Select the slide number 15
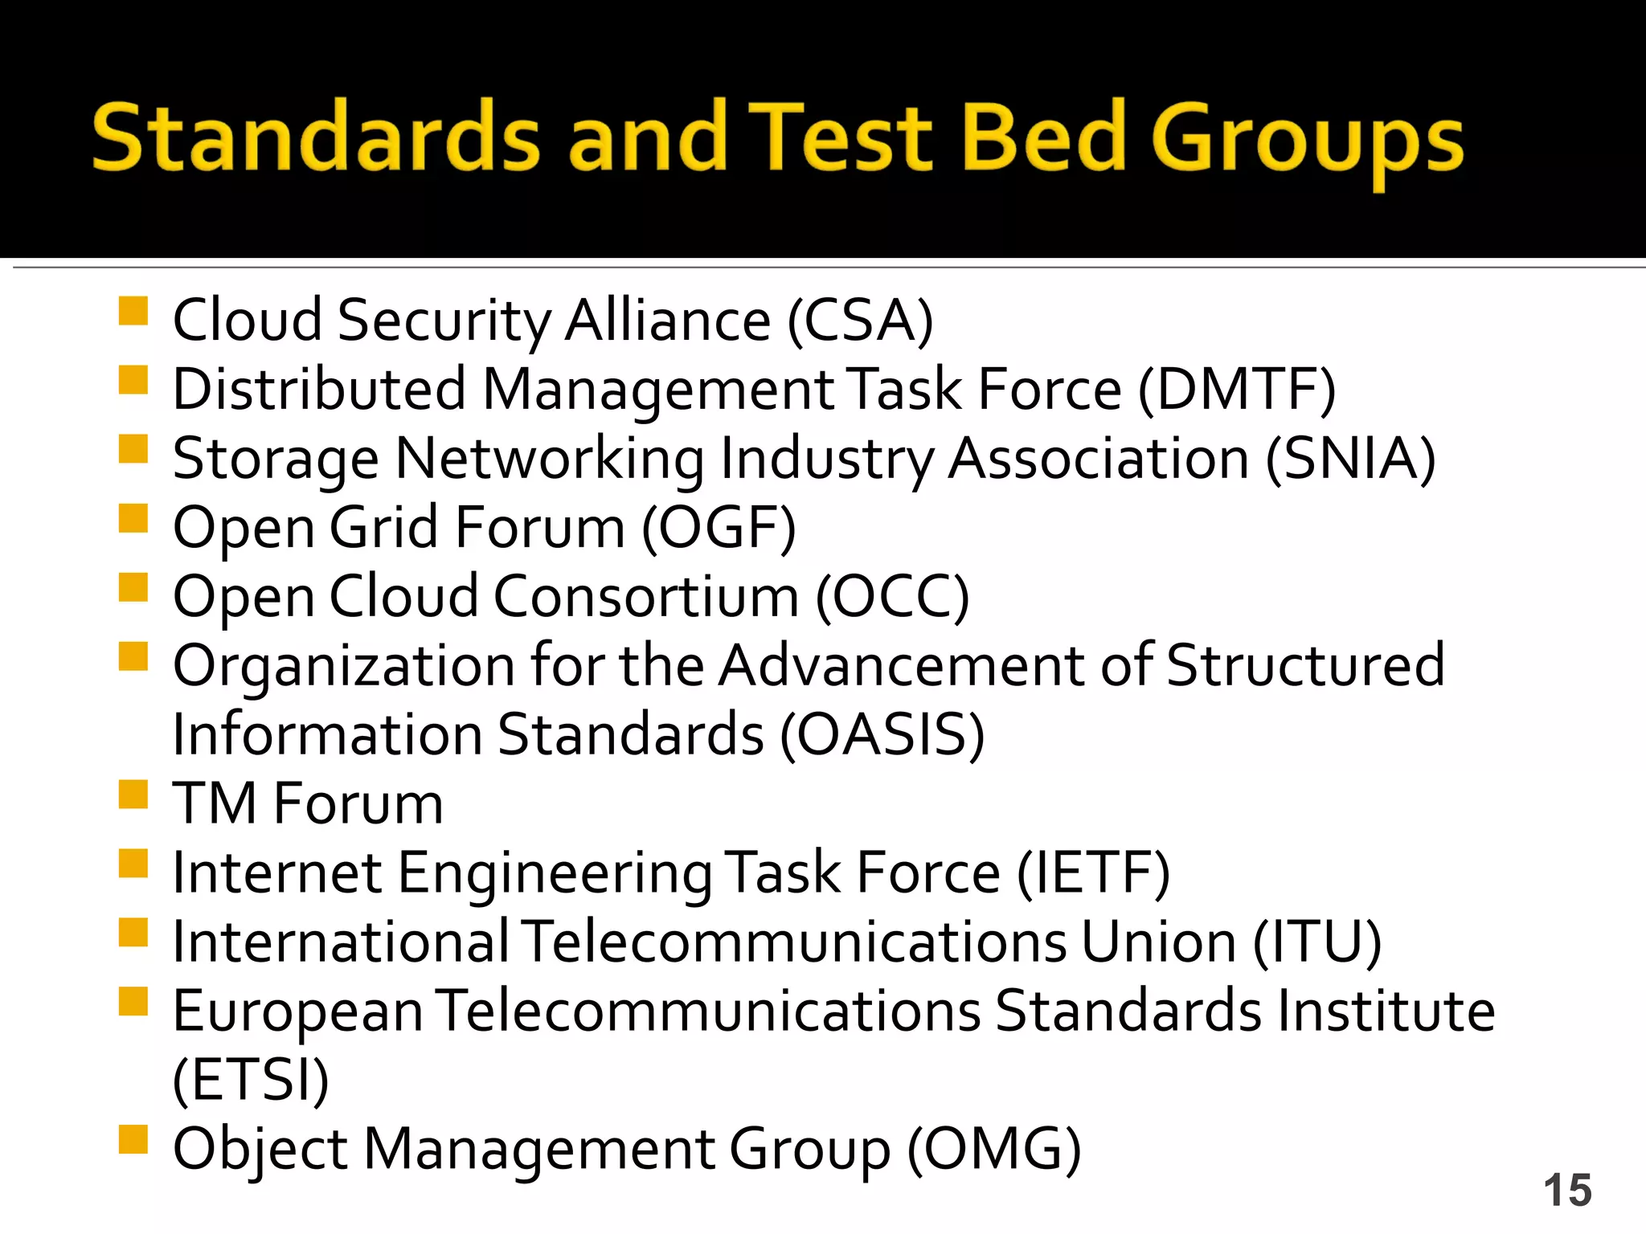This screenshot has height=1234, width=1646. coord(1566,1190)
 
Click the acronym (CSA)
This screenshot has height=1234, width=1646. coord(859,321)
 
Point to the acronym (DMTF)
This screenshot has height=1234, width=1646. coord(1237,390)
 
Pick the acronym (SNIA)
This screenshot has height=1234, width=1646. coord(1350,459)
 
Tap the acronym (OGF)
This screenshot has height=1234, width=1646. coord(719,528)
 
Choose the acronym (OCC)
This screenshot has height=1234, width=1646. coord(892,597)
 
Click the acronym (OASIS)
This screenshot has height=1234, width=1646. coord(882,735)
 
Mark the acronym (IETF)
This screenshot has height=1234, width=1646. coord(1093,873)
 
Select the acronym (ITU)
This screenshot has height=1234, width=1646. coord(1317,942)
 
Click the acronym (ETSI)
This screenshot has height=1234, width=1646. coord(251,1081)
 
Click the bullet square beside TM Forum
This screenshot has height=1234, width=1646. coord(133,795)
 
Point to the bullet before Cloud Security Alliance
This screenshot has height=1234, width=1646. coord(133,311)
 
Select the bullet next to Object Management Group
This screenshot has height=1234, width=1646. coord(133,1139)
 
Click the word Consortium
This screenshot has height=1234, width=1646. coord(645,597)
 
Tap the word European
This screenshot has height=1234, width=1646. coord(297,1012)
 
